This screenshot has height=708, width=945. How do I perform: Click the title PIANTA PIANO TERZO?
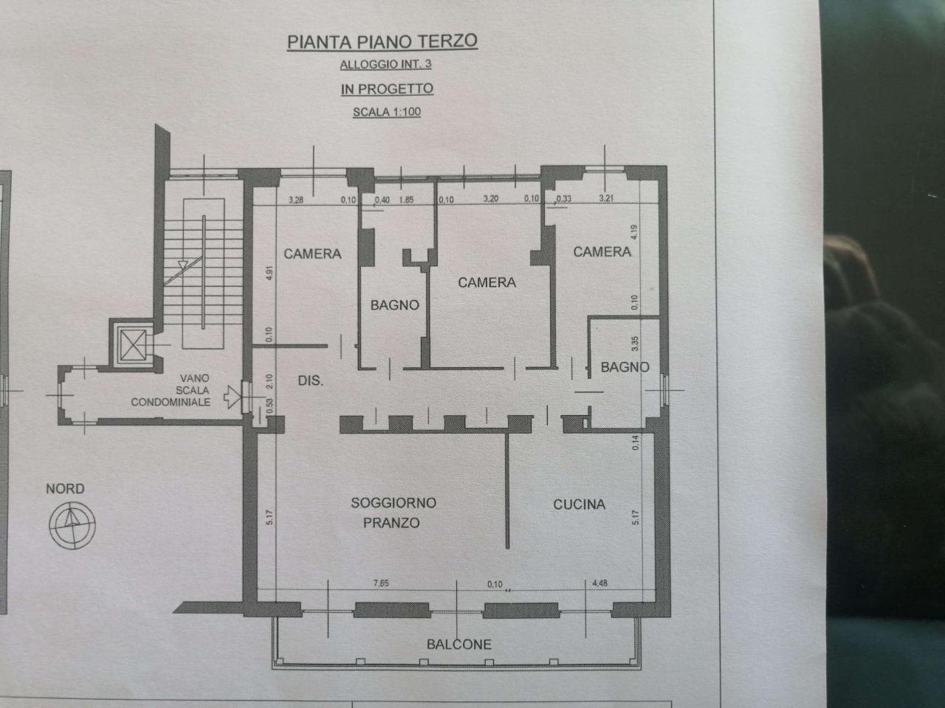(382, 41)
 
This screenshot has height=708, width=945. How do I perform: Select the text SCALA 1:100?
(387, 113)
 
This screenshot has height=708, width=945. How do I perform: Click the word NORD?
(65, 488)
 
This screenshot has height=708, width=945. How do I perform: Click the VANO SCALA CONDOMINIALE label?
(171, 390)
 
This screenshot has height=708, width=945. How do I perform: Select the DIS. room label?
(311, 381)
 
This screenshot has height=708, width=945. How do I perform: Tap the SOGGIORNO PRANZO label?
(393, 513)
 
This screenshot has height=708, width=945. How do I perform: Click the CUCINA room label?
(580, 504)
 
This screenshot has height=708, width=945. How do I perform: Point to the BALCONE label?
(458, 644)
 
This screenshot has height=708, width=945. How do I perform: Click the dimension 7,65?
(381, 583)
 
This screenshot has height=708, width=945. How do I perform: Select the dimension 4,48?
(599, 583)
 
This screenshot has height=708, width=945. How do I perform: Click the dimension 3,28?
(296, 200)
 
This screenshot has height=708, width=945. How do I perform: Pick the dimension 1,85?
(405, 200)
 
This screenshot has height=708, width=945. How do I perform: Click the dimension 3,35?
(633, 344)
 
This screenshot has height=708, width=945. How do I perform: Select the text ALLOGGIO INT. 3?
(385, 64)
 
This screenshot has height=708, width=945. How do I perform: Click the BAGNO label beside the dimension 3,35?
(625, 367)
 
